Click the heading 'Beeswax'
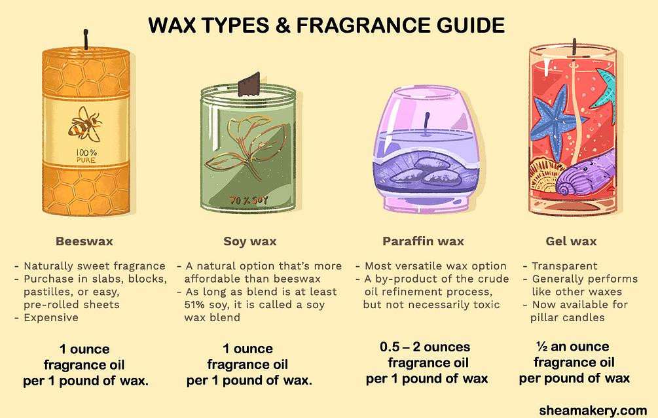tap(84, 241)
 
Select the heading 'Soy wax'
tap(249, 241)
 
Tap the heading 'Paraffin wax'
tap(423, 241)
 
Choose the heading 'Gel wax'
tap(571, 241)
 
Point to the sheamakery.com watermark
tap(593, 410)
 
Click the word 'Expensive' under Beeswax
tap(51, 317)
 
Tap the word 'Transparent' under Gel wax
tap(564, 266)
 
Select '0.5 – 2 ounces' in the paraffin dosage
tap(424, 347)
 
